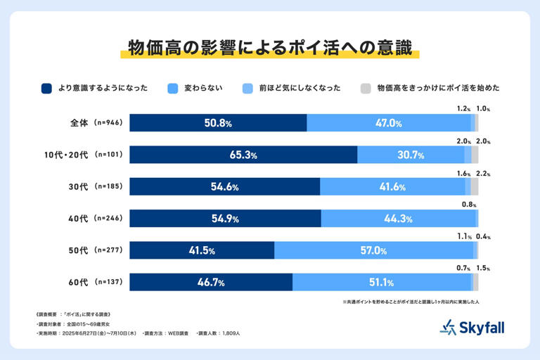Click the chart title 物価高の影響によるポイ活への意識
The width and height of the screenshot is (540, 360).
270,49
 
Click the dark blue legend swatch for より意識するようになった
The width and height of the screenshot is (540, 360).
47,89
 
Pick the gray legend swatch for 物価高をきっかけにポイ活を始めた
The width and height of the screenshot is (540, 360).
366,89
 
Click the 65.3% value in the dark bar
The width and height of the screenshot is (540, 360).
243,155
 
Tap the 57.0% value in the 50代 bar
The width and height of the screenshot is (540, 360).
373,250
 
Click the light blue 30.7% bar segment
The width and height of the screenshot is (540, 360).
411,155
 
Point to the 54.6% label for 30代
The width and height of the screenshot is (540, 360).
225,187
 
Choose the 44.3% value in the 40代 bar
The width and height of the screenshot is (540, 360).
398,219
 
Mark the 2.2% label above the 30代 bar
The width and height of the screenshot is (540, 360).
482,173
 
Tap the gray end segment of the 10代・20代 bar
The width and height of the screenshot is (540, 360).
475,155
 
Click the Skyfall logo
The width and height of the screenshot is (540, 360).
472,327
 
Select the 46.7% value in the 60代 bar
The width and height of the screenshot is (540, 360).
211,282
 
